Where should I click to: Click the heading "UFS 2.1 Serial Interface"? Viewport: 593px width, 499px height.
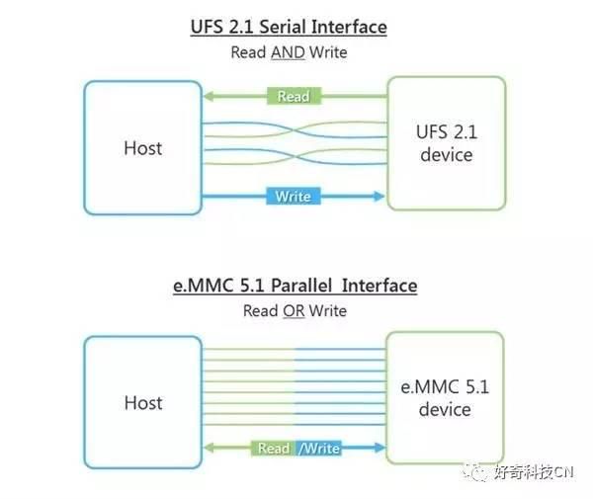(x=289, y=27)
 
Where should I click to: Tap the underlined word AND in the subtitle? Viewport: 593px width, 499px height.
(x=288, y=52)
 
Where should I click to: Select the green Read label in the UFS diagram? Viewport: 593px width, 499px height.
(x=294, y=96)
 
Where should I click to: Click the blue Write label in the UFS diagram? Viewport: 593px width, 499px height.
(x=294, y=197)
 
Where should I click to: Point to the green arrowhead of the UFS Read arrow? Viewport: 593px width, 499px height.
(x=209, y=96)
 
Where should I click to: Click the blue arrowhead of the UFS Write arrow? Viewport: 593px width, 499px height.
(x=379, y=196)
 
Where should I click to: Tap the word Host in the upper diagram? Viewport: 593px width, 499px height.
(x=143, y=148)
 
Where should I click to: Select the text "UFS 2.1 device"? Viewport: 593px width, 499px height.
(x=447, y=143)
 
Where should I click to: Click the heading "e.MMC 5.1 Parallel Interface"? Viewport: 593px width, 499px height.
(x=295, y=286)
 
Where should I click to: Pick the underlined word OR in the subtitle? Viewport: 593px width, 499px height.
(x=294, y=311)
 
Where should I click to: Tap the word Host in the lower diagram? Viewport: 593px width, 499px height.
(x=143, y=402)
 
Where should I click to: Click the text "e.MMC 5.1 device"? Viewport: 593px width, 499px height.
(x=445, y=398)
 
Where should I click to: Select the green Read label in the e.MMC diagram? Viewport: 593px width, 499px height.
(x=274, y=449)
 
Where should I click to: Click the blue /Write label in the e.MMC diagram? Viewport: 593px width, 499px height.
(x=318, y=449)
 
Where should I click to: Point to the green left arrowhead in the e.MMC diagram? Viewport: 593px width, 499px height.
(x=209, y=448)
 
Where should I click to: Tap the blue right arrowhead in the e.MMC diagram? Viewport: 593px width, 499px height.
(x=380, y=448)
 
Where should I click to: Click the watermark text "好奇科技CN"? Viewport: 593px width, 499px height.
(x=534, y=472)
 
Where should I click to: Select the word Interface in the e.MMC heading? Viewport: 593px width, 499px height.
(x=380, y=286)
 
